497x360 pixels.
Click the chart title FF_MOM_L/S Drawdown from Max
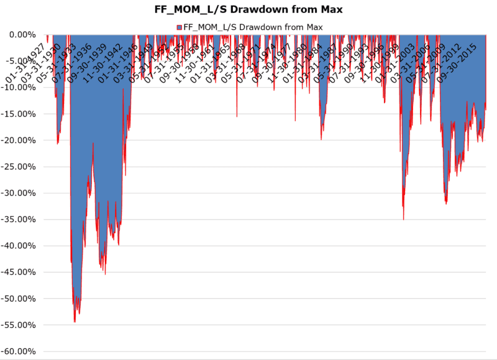[248, 11]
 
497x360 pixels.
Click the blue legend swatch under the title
[180, 27]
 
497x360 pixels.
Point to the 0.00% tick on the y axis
[22, 35]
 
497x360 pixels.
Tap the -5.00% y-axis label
[21, 61]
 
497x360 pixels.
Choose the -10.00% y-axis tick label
[19, 88]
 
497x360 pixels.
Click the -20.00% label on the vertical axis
[19, 141]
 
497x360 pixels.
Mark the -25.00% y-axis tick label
[19, 167]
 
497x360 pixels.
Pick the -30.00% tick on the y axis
[19, 193]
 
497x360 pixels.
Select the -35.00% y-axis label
[19, 219]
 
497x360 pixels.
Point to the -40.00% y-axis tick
[19, 246]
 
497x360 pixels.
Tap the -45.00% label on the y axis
[19, 272]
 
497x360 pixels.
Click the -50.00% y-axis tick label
[19, 299]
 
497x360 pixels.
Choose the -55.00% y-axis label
[19, 325]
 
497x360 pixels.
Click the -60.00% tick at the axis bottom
[19, 352]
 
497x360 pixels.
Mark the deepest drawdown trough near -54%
[75, 321]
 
